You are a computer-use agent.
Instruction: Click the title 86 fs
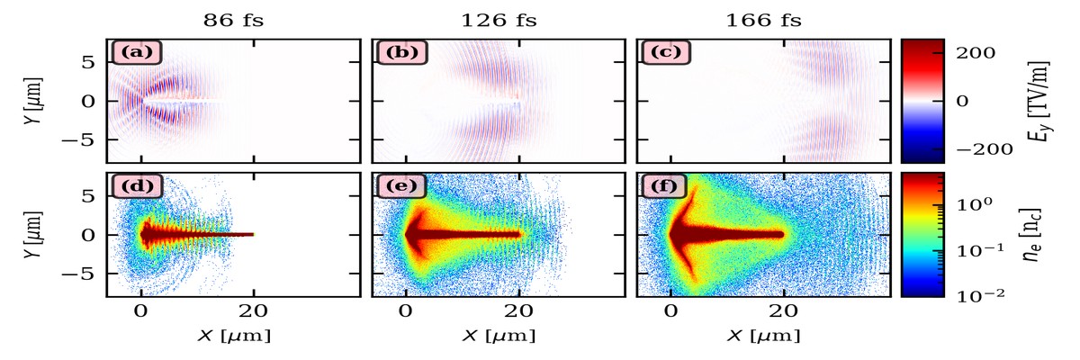coord(232,17)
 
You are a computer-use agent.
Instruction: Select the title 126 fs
coord(499,17)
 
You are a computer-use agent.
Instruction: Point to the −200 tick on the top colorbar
coord(976,149)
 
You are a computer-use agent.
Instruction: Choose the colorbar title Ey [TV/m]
coord(1045,101)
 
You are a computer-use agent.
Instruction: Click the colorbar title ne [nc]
coord(1043,235)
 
